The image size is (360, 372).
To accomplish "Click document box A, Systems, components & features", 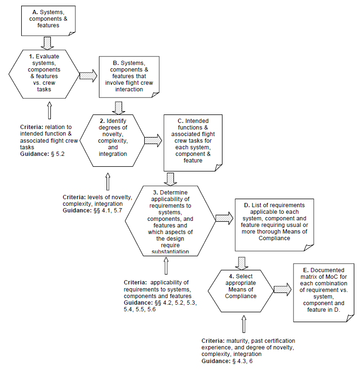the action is (48, 21).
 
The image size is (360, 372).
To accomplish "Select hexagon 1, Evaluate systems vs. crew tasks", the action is (44, 74).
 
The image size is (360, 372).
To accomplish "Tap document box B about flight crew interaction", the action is (129, 77).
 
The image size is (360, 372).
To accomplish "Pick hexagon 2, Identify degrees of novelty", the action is (112, 140).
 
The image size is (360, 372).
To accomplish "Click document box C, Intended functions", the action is (193, 143).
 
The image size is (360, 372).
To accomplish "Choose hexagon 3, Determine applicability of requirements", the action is (170, 221).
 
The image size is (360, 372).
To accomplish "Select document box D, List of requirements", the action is (274, 225).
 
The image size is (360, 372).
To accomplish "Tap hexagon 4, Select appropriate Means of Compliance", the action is (241, 291).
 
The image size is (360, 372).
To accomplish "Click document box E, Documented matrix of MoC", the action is (324, 292).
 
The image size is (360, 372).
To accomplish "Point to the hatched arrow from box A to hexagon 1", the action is (47, 43).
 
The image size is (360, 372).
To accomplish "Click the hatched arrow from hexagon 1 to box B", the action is (88, 76).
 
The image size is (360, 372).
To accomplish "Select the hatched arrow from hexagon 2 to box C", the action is (153, 140).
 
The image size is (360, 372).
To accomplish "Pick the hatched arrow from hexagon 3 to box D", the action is (224, 218).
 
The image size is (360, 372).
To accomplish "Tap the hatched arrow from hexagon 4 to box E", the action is (283, 290).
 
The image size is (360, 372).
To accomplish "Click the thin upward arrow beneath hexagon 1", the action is (49, 110).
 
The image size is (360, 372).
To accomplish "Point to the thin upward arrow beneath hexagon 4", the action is (244, 324).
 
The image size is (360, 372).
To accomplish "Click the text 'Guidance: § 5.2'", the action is (42, 154).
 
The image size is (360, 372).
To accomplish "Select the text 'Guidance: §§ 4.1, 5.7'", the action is (92, 210).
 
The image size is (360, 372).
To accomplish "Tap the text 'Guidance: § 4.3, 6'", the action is (227, 361).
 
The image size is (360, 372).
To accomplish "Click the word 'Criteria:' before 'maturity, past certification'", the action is (213, 341).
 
